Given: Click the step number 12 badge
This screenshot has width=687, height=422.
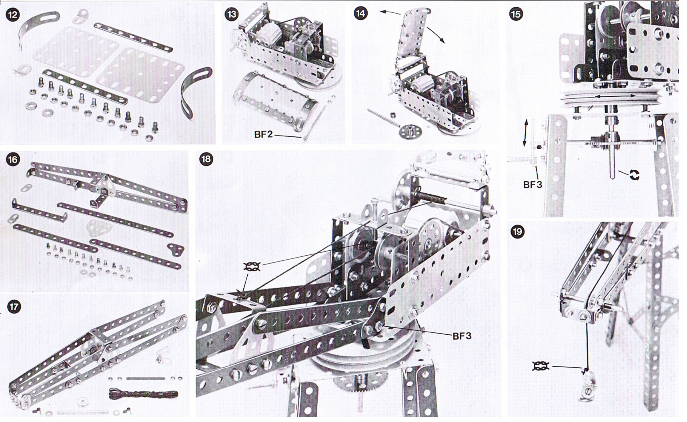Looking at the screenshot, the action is tap(13, 15).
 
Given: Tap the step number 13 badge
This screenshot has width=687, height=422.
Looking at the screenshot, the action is tap(232, 14).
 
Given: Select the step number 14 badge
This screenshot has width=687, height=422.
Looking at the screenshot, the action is tap(361, 13).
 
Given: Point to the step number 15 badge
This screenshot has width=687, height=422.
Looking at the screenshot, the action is tap(516, 14).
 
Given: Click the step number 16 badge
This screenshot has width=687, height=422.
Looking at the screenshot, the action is tap(13, 160).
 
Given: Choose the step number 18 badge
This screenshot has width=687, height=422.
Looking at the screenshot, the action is tap(206, 159).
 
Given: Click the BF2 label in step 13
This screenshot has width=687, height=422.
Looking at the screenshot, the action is tap(263, 134).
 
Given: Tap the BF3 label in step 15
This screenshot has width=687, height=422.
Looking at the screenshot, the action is tap(533, 184).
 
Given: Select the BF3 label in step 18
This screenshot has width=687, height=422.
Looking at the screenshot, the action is tap(462, 336).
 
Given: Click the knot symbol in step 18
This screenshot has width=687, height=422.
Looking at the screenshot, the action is tap(252, 267).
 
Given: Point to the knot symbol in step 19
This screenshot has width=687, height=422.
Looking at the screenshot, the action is tap(541, 366).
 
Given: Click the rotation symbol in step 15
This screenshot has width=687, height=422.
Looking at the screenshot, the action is tap(634, 175).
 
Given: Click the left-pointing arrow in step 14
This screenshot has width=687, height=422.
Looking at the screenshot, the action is tap(390, 13).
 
